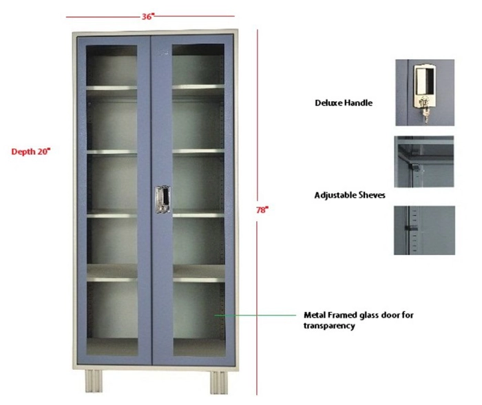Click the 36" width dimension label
(147, 17)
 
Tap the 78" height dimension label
(262, 210)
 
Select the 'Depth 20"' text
(31, 152)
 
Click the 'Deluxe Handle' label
(344, 103)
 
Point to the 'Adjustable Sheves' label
(350, 196)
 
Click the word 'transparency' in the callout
(329, 326)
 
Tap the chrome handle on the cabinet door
(163, 199)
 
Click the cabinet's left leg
(94, 381)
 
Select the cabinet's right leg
(219, 382)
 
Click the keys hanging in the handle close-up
(426, 115)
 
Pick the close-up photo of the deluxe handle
(425, 92)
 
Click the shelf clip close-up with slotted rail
(424, 230)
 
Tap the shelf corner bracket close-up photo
(424, 161)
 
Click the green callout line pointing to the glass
(255, 315)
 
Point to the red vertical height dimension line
(257, 212)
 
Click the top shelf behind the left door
(112, 88)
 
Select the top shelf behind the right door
(198, 87)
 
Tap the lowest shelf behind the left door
(112, 280)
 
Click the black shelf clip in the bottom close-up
(411, 228)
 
